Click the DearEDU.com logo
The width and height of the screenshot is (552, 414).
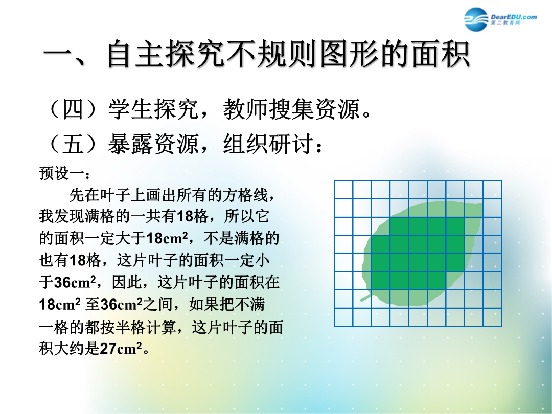coord(500,19)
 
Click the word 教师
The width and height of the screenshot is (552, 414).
coord(245,109)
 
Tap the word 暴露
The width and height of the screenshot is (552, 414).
coord(130,144)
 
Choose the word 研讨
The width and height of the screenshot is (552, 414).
coord(291,144)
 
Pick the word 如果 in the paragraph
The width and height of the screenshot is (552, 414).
coord(204,305)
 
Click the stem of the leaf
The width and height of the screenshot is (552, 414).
coord(365,298)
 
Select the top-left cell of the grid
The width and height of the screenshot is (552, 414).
coord(343,190)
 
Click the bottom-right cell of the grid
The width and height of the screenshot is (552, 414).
coord(493,317)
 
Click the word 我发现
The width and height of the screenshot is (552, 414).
coord(62,216)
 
